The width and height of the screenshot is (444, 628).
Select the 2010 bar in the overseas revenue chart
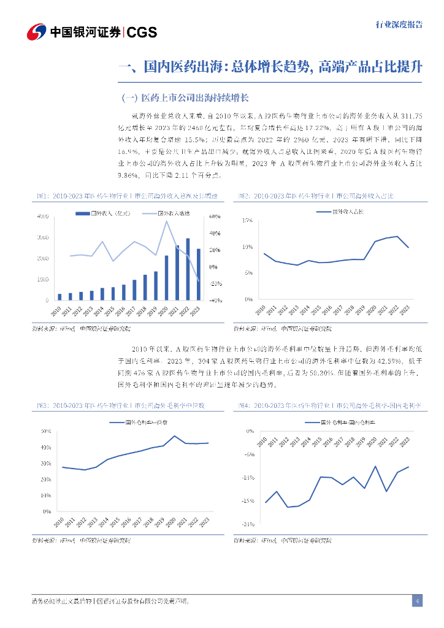[x=59, y=297]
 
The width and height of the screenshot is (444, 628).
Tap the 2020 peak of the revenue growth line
[x=166, y=221]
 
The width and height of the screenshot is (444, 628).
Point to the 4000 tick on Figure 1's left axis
[x=43, y=216]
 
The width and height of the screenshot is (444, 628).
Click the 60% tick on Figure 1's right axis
[x=215, y=216]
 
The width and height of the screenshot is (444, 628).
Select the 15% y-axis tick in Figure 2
[x=248, y=220]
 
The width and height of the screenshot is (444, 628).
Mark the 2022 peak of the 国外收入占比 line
[x=397, y=236]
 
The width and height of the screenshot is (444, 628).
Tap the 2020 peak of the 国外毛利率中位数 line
[x=175, y=436]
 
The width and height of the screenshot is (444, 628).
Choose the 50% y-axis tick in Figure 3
[x=46, y=431]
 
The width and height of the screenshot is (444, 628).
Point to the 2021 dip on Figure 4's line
[x=386, y=491]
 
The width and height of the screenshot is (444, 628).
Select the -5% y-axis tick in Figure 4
[x=248, y=454]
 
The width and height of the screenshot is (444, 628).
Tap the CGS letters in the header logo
[x=142, y=32]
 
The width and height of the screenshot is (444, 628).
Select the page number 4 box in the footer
[x=417, y=601]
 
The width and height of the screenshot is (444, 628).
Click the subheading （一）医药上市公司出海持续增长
[x=185, y=98]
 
